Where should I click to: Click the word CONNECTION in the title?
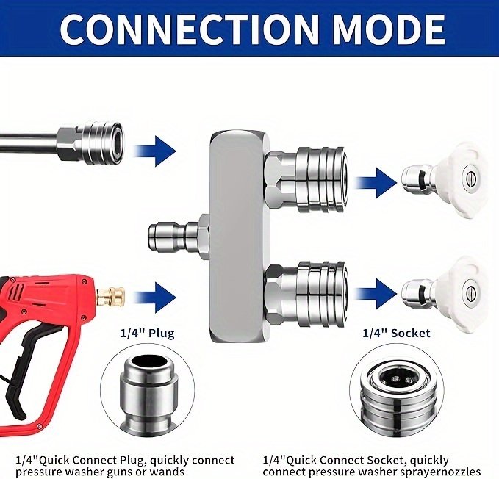(x=189, y=28)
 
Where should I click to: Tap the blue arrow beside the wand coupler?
(x=156, y=151)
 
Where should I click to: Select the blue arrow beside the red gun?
(x=156, y=297)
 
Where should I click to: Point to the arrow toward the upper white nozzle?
(x=376, y=183)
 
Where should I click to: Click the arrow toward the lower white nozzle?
(x=376, y=293)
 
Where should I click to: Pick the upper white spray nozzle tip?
(x=444, y=180)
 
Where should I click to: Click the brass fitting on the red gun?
(x=111, y=297)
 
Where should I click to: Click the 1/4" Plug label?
(x=147, y=334)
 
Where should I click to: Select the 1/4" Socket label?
(x=396, y=333)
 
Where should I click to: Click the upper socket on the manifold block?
(x=305, y=180)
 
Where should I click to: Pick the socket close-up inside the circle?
(x=396, y=395)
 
